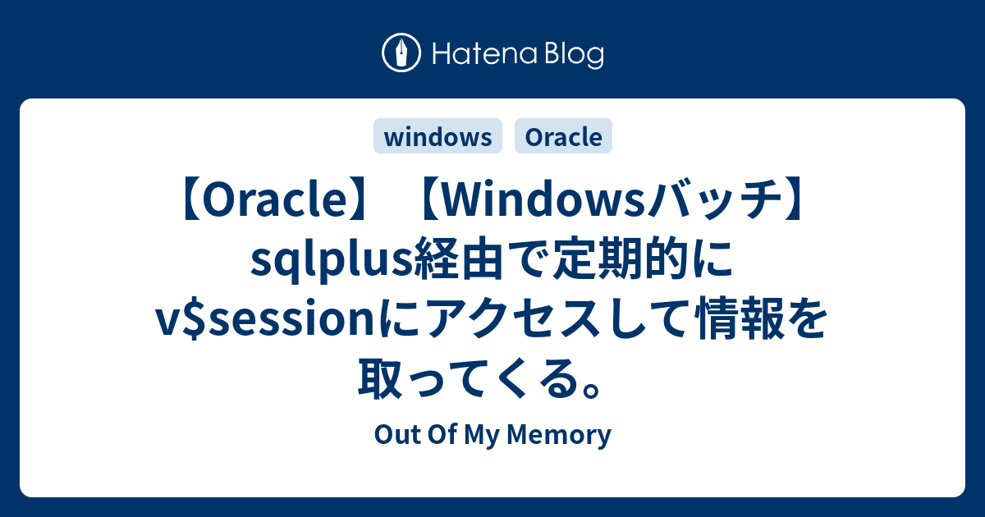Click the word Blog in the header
pos(574,55)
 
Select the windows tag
pos(438,137)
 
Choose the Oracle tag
pos(563,137)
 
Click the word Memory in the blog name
pos(569,435)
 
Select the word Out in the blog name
pos(392,435)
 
